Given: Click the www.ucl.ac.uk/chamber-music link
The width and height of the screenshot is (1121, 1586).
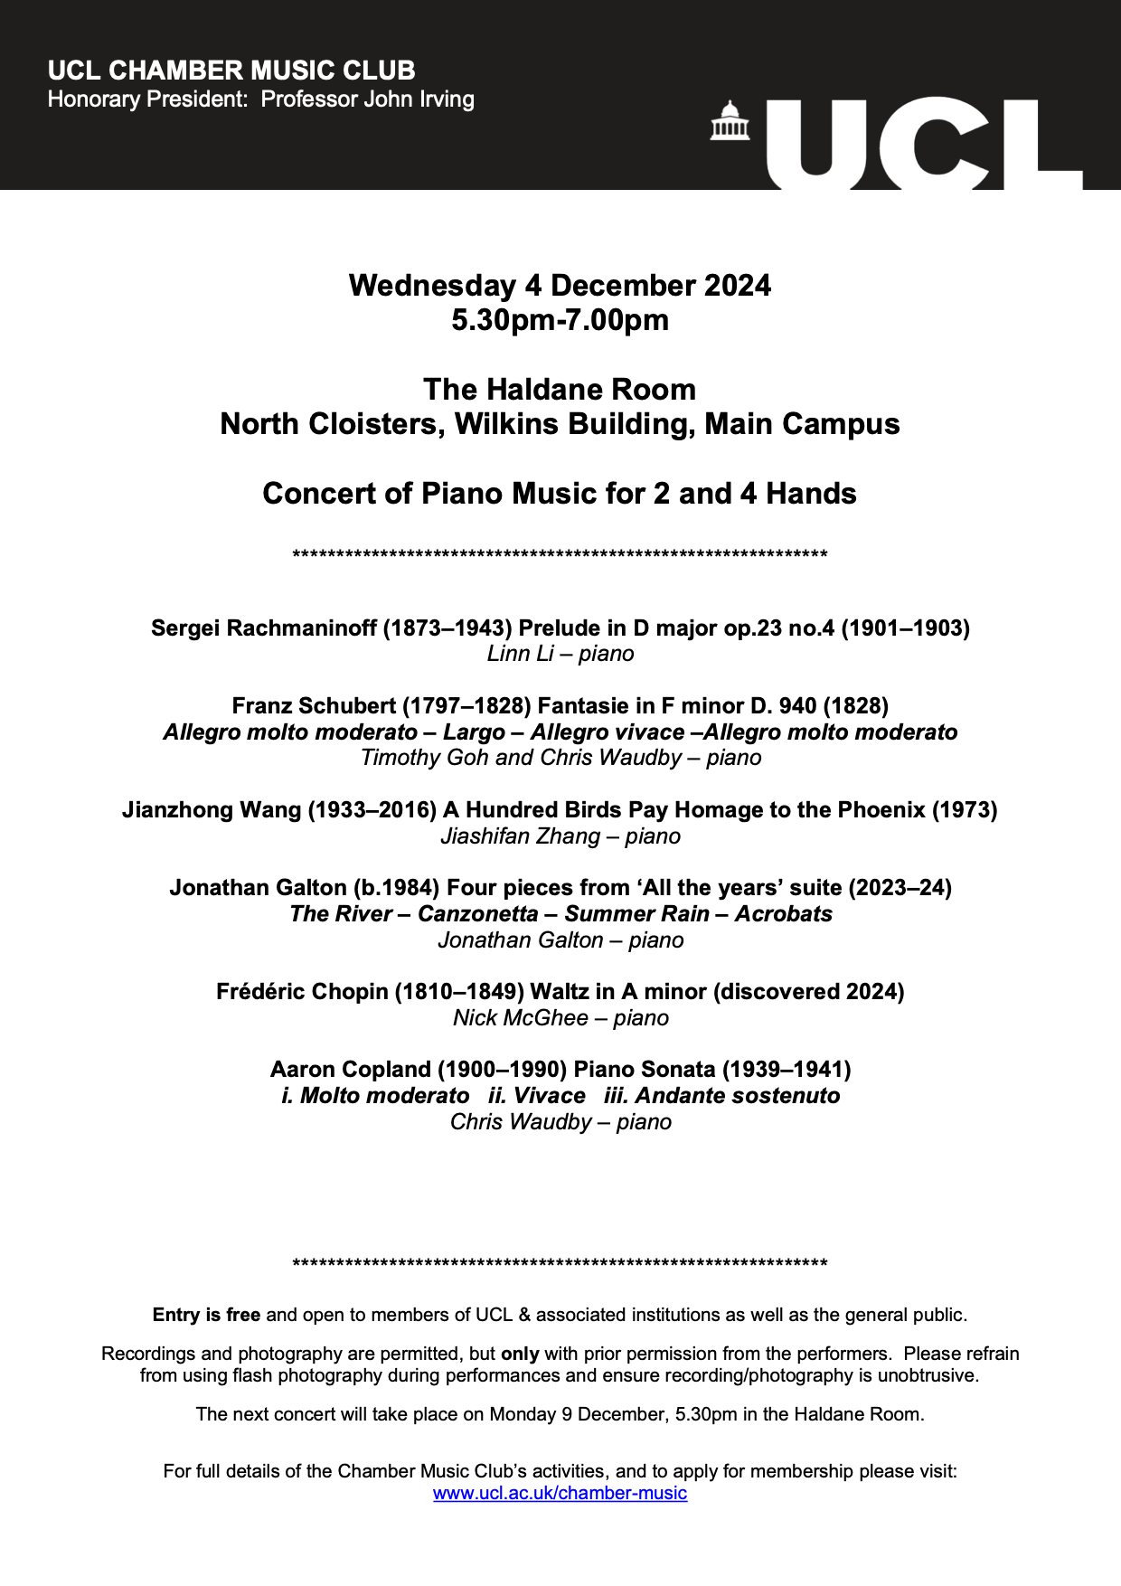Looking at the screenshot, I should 560,1493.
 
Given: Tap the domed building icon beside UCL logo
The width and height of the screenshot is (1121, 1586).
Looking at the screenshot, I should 730,120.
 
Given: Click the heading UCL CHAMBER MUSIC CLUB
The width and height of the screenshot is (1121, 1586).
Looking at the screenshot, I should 231,71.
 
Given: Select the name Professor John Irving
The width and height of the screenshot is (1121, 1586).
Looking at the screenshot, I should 367,99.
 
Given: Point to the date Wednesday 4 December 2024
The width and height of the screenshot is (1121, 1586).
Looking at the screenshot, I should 560,286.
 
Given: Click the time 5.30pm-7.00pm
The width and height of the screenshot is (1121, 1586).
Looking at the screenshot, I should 560,320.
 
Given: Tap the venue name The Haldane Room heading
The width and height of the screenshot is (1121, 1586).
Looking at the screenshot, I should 560,390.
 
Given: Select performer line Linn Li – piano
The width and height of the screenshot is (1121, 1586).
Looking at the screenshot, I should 560,654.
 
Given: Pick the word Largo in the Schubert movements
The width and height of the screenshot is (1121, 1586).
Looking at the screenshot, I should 474,732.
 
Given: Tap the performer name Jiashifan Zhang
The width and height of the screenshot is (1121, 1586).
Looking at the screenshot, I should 520,836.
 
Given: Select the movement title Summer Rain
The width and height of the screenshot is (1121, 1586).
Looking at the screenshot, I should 636,914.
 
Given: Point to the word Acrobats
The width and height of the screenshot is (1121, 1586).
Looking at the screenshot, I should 783,914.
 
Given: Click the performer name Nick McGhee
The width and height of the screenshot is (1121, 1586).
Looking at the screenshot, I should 521,1018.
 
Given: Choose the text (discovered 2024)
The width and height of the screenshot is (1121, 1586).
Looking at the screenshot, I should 808,992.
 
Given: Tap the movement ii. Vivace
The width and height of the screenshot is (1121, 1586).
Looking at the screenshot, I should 537,1096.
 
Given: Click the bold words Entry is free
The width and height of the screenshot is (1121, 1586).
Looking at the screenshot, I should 206,1315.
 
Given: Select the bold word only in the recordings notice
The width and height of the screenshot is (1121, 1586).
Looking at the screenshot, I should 520,1354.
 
